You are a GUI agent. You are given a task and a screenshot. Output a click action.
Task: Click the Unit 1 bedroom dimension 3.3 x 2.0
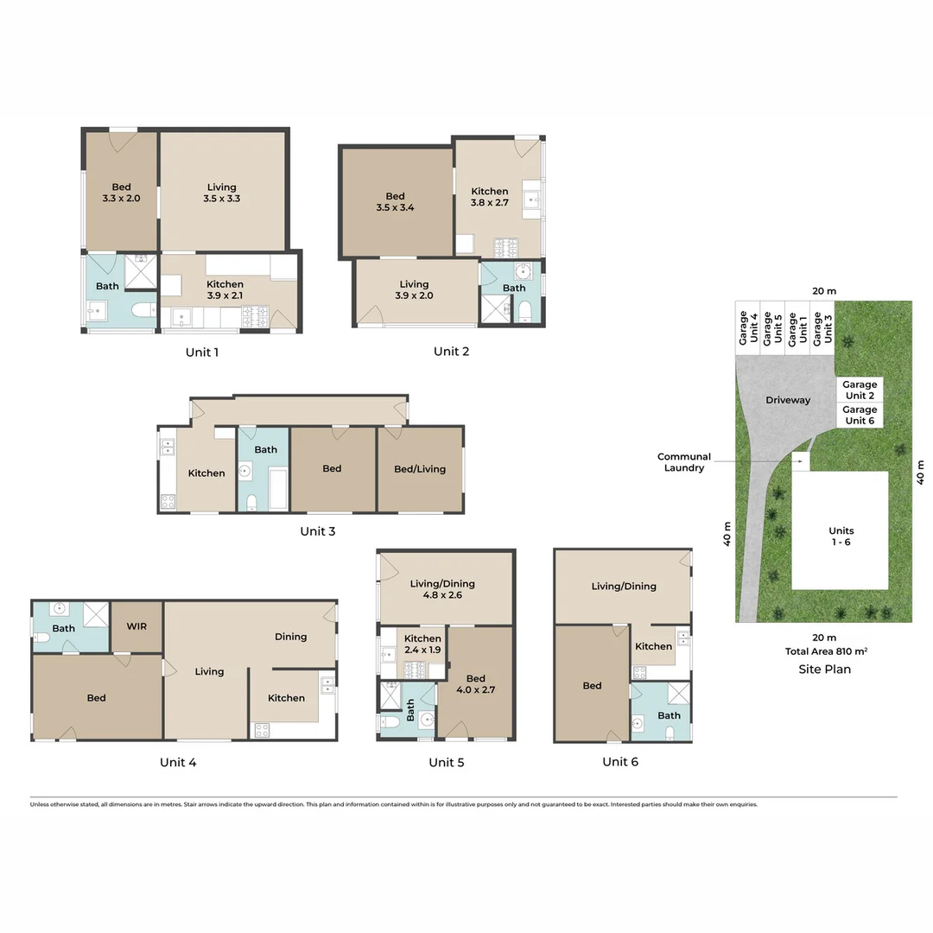tap(121, 198)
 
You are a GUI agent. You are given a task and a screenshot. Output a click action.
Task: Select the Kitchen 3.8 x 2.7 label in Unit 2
tap(489, 198)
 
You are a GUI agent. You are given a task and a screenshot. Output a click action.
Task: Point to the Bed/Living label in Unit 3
tap(420, 469)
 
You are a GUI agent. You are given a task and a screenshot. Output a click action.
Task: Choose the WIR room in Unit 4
tap(136, 625)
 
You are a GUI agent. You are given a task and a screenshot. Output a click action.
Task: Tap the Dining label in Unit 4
tap(290, 637)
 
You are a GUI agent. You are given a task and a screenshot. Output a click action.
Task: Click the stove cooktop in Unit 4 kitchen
tap(260, 730)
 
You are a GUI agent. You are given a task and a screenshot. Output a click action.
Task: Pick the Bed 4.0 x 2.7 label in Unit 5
tap(475, 684)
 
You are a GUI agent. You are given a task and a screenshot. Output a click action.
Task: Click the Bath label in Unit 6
tap(669, 715)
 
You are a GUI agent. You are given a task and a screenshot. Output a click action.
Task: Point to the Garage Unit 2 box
tap(860, 390)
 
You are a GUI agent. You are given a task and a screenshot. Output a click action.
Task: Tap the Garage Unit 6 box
tap(860, 416)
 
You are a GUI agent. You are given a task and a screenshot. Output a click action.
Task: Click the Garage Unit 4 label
tap(748, 328)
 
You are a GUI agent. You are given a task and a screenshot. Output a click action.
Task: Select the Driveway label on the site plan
tap(788, 400)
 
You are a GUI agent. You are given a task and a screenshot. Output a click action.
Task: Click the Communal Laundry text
tap(683, 462)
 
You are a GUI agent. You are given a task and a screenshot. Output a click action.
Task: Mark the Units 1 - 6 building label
tap(841, 536)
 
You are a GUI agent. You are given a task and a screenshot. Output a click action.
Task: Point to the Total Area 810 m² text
tap(824, 653)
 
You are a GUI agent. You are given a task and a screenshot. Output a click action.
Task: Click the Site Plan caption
tap(824, 669)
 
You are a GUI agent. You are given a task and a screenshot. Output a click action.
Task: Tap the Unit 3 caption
tap(317, 531)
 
